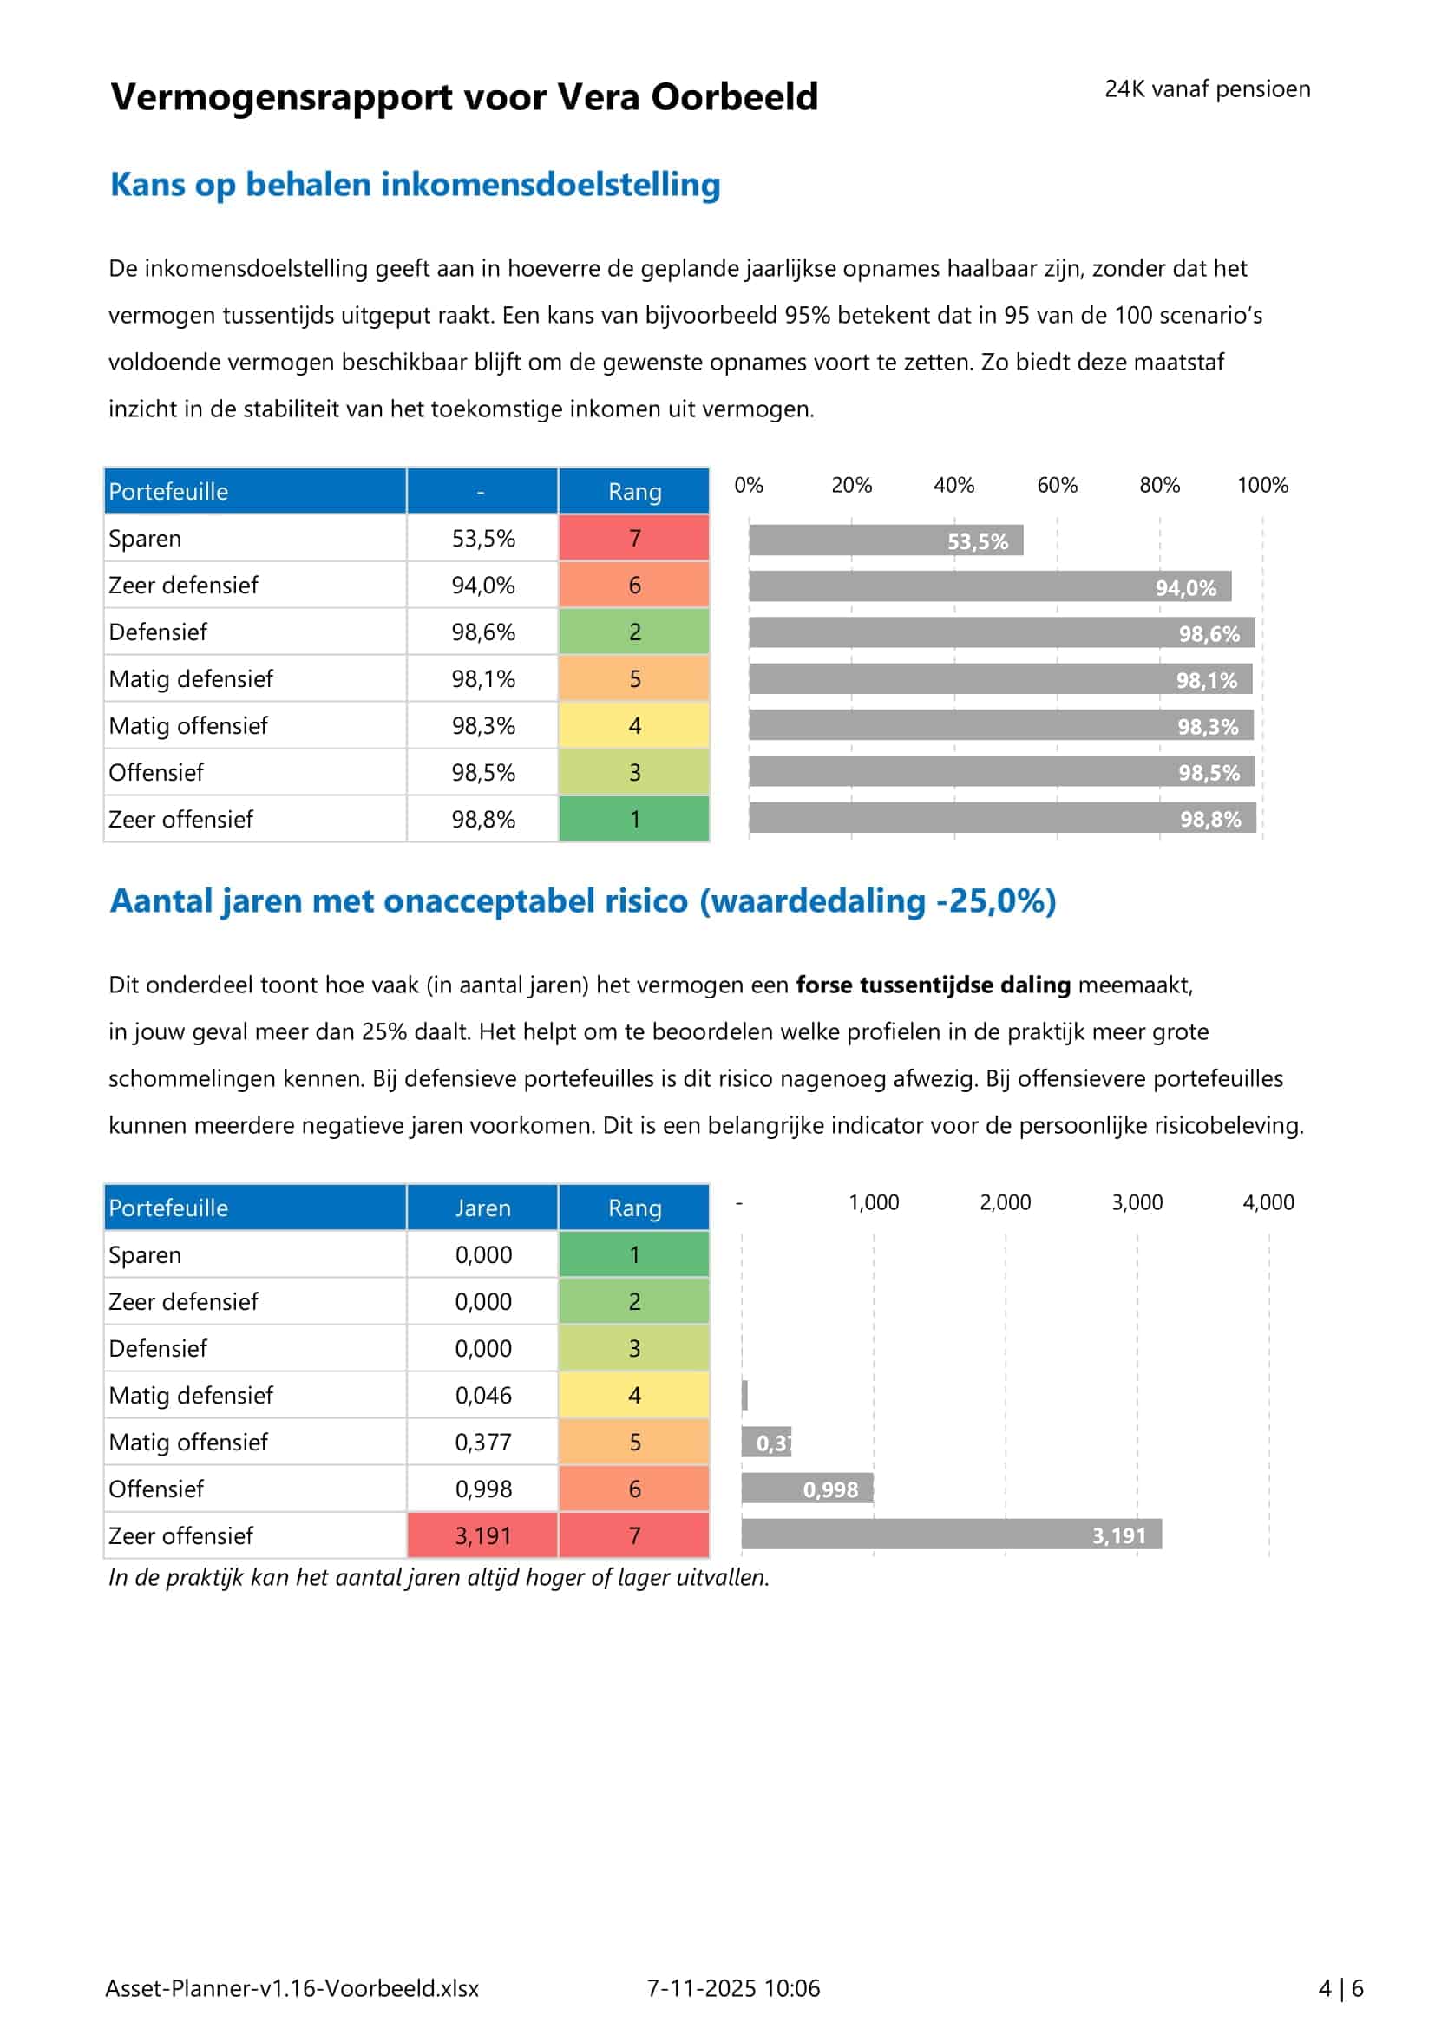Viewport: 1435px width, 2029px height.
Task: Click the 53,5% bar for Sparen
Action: click(x=886, y=540)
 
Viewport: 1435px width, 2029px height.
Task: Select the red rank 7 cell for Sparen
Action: click(x=633, y=537)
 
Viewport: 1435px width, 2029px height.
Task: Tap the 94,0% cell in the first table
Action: click(x=482, y=585)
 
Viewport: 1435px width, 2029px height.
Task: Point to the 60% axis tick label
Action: click(x=1057, y=485)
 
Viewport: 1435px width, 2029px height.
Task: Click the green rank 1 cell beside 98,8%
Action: click(x=633, y=819)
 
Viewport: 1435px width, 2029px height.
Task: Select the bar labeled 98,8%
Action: click(x=1002, y=818)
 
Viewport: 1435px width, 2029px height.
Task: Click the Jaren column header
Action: click(x=482, y=1208)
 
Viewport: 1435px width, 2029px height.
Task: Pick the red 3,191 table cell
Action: click(x=482, y=1536)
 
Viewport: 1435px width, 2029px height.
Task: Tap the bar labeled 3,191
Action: click(x=951, y=1535)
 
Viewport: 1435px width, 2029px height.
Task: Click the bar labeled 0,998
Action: click(x=807, y=1489)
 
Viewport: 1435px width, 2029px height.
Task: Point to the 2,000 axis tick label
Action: click(x=1005, y=1202)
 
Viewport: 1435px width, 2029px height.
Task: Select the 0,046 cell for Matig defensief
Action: click(x=482, y=1396)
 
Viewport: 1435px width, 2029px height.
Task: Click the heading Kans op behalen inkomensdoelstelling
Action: click(x=416, y=185)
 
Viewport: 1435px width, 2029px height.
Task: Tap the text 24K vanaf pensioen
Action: click(x=1207, y=89)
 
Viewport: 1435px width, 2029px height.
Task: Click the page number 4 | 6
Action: click(x=1340, y=1988)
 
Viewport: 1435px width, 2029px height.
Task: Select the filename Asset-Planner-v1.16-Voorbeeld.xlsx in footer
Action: click(x=292, y=1988)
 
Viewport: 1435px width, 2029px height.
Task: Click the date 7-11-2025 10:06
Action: click(x=733, y=1988)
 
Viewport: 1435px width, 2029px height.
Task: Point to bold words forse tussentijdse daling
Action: click(x=934, y=985)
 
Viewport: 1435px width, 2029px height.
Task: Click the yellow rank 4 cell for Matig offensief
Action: click(x=633, y=725)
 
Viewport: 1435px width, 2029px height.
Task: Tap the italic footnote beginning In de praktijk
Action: click(x=438, y=1577)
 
